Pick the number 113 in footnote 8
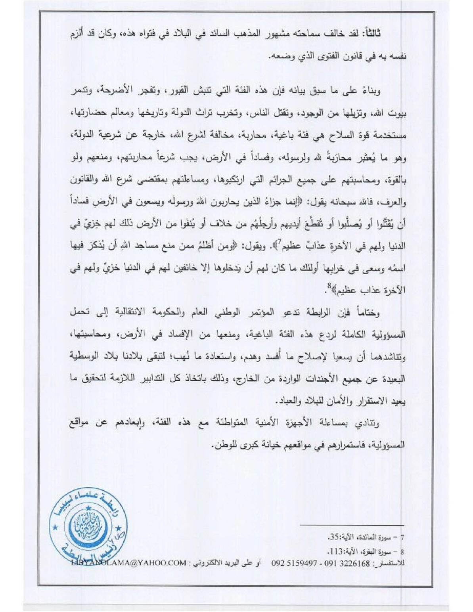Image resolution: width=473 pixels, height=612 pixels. [x=335, y=551]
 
